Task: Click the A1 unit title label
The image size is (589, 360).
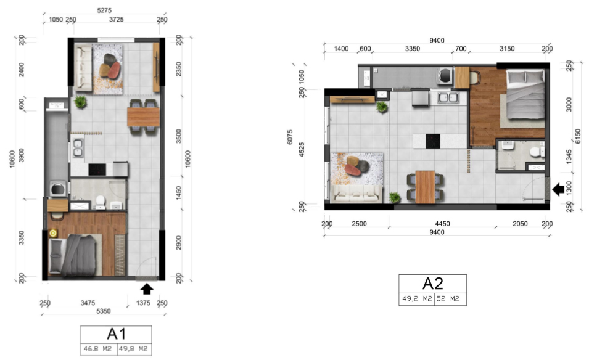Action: [x=116, y=333]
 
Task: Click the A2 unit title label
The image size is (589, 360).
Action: [x=433, y=284]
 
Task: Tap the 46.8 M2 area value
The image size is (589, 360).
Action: [x=97, y=349]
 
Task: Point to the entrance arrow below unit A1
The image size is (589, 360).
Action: [x=147, y=288]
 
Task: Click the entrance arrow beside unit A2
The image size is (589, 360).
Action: [x=558, y=189]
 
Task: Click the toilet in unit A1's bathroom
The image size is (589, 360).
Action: [x=101, y=201]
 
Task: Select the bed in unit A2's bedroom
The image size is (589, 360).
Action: [x=525, y=94]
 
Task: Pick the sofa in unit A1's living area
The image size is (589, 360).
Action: [x=83, y=67]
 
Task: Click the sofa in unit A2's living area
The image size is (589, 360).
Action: [x=357, y=194]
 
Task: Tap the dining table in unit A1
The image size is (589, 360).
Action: [x=143, y=117]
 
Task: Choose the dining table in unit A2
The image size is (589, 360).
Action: [x=425, y=187]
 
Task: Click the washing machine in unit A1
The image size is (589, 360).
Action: [x=58, y=189]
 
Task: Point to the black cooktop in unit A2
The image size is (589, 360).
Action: [x=433, y=141]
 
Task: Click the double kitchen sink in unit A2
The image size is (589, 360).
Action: [x=448, y=97]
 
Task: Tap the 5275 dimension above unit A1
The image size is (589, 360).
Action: [x=104, y=10]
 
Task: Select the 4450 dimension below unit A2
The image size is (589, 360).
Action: [x=442, y=224]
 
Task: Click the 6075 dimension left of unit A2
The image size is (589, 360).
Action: [x=290, y=137]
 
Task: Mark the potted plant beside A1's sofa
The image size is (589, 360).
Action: [x=80, y=102]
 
